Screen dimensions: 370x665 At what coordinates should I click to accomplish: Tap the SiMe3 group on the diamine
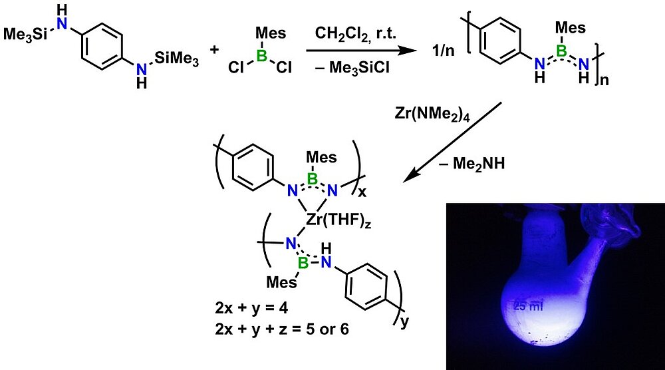pos(177,59)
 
